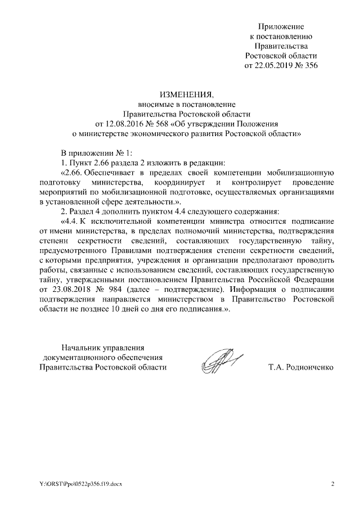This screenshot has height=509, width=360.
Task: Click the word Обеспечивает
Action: (111, 172)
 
